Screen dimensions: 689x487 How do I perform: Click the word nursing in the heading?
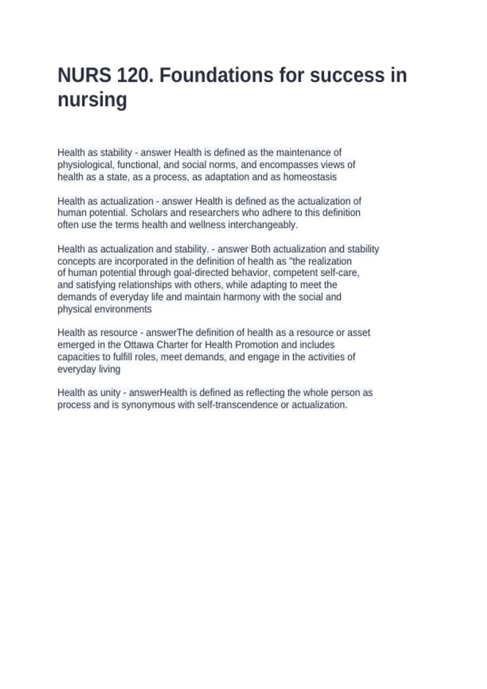tap(92, 100)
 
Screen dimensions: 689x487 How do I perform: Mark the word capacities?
tap(77, 357)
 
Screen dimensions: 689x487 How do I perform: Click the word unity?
tap(110, 393)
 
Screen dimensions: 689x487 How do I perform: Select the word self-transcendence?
tap(237, 405)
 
